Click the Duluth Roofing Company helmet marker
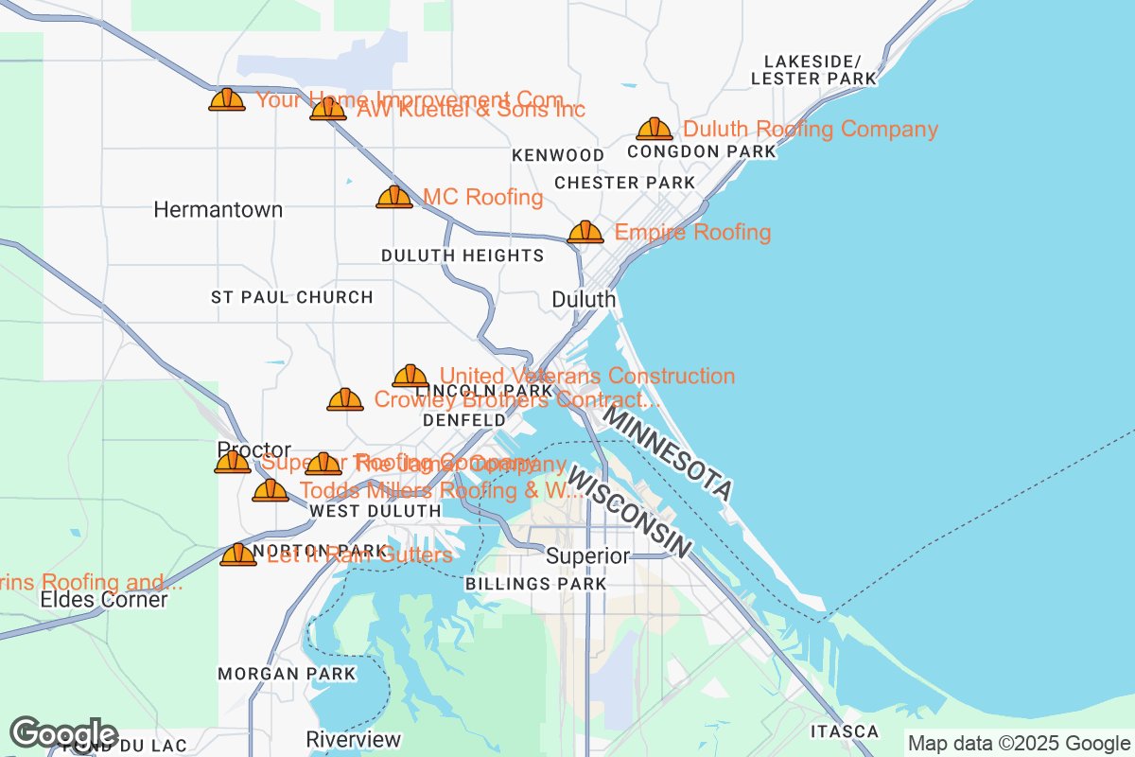[x=654, y=130]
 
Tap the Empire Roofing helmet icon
[x=585, y=232]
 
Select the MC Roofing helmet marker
[x=394, y=197]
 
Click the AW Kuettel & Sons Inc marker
[x=328, y=109]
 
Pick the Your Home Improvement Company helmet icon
[x=227, y=99]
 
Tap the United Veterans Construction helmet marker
[x=410, y=376]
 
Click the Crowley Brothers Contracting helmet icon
[x=345, y=399]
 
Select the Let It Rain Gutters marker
[x=238, y=555]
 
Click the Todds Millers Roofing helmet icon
[x=271, y=490]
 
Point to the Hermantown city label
[x=218, y=209]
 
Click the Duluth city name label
[x=584, y=299]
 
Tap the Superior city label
[x=587, y=555]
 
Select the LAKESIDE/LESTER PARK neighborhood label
[x=812, y=70]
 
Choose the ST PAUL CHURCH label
[x=291, y=297]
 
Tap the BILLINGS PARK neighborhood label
[x=535, y=584]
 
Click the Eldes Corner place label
[x=104, y=600]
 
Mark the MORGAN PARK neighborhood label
[x=287, y=674]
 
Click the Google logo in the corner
[x=64, y=733]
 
